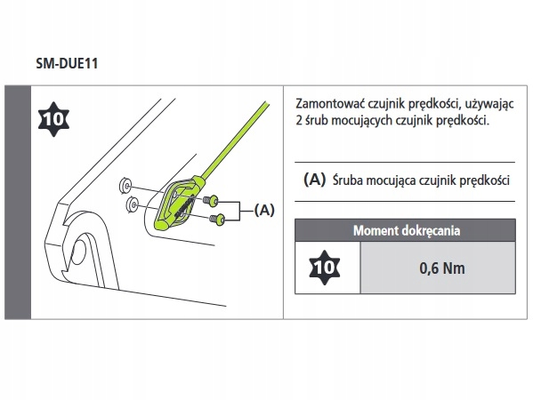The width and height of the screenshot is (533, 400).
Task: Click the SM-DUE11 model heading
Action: click(67, 63)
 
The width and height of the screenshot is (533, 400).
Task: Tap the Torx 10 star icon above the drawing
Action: click(53, 119)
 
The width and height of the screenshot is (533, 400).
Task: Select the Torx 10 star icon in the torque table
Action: click(324, 268)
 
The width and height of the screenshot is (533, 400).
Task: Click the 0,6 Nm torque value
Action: click(442, 268)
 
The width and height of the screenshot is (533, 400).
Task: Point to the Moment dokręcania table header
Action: click(407, 230)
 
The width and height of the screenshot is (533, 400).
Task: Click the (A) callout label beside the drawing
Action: click(264, 210)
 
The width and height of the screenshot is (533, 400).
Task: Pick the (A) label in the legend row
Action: click(314, 180)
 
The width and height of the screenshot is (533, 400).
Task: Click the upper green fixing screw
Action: click(211, 201)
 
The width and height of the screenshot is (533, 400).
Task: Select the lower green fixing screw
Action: click(217, 219)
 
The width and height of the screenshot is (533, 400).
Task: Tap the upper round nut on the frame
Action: click(125, 186)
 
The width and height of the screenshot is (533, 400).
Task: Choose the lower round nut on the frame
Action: click(132, 204)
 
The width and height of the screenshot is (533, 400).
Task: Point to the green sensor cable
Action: click(235, 140)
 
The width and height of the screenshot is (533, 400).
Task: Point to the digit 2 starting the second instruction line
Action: click(299, 121)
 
